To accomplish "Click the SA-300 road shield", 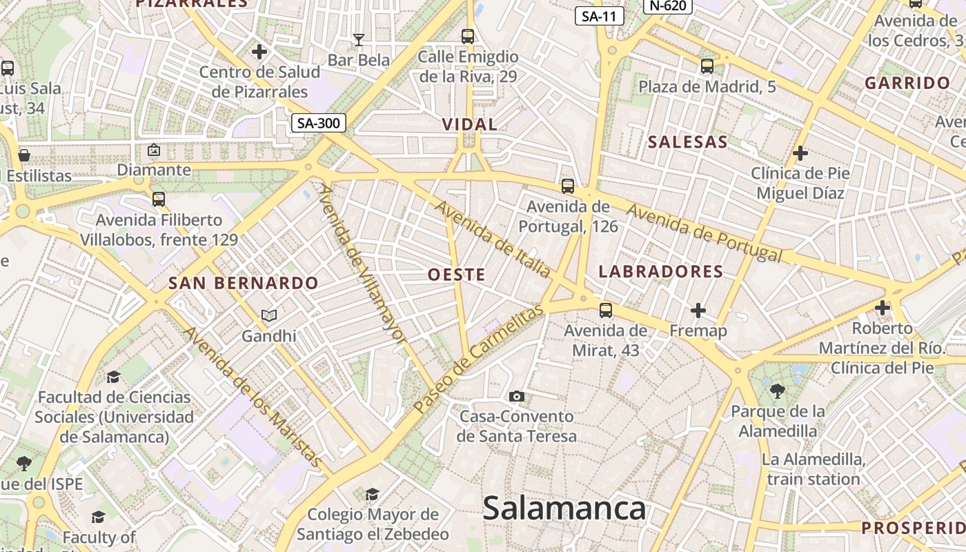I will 318,124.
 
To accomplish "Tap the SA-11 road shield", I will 599,17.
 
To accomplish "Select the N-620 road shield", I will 667,6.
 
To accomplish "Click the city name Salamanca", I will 564,509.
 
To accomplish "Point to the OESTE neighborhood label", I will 457,275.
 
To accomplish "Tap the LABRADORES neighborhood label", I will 661,271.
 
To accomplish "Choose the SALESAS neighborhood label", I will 688,142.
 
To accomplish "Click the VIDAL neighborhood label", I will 469,125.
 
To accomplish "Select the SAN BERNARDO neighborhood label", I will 244,283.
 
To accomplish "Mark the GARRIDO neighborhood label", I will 907,83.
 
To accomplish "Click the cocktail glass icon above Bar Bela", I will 358,40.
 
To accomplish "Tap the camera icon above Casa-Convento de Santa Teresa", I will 516,396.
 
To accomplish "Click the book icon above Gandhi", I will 269,316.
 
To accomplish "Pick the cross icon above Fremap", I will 698,310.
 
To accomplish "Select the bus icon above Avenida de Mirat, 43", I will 606,310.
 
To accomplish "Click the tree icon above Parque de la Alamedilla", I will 778,391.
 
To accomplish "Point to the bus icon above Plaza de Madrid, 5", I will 707,66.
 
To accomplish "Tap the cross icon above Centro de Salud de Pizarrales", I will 259,52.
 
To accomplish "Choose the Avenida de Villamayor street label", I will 362,262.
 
